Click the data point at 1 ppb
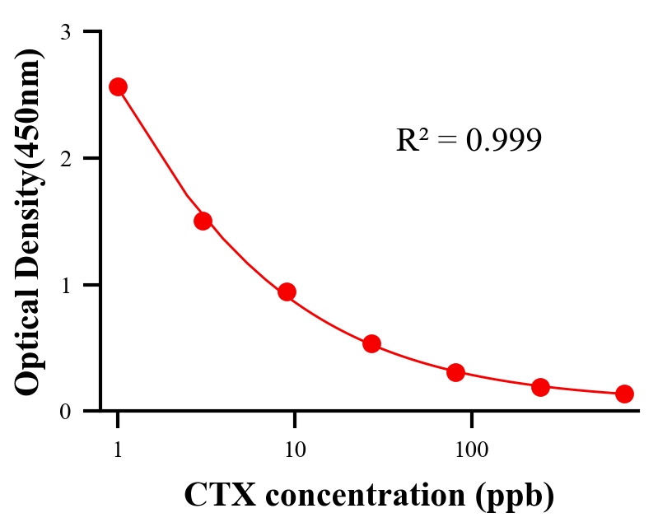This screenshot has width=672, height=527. pyautogui.click(x=118, y=86)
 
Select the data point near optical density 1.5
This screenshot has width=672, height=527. pyautogui.click(x=203, y=221)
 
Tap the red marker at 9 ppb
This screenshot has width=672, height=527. pyautogui.click(x=287, y=291)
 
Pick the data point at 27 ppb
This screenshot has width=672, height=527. pyautogui.click(x=371, y=343)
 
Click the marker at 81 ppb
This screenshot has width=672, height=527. pyautogui.click(x=456, y=372)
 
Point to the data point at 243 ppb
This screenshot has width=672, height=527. pyautogui.click(x=540, y=387)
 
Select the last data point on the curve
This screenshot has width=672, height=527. pyautogui.click(x=624, y=394)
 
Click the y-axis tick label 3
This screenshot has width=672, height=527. pyautogui.click(x=66, y=32)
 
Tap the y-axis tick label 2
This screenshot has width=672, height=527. pyautogui.click(x=66, y=159)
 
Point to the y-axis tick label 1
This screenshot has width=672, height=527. pyautogui.click(x=66, y=285)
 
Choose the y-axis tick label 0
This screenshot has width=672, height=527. pyautogui.click(x=66, y=412)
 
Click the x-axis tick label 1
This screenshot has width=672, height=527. pyautogui.click(x=118, y=450)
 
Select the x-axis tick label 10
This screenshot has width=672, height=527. pyautogui.click(x=294, y=450)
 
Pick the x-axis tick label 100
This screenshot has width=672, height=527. pyautogui.click(x=471, y=450)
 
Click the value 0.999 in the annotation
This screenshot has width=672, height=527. pyautogui.click(x=503, y=141)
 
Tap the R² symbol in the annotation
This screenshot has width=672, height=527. pyautogui.click(x=412, y=141)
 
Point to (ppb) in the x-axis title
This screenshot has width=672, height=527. pyautogui.click(x=515, y=495)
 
